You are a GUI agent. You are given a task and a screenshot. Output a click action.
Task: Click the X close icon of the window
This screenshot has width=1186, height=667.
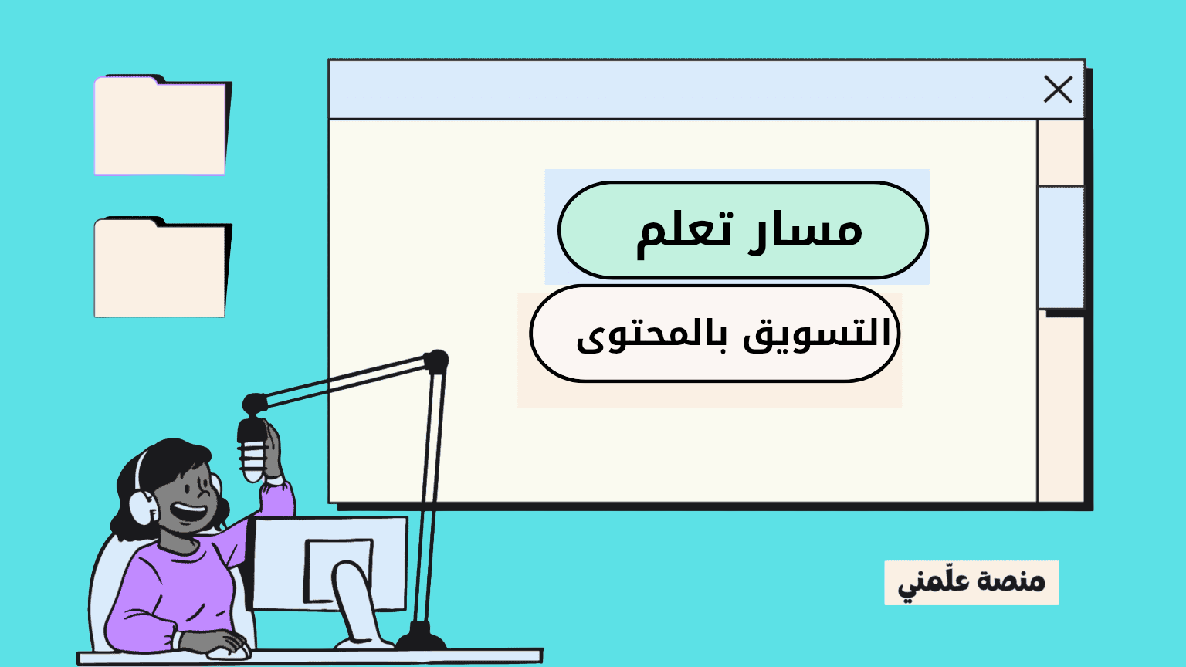click(x=1058, y=90)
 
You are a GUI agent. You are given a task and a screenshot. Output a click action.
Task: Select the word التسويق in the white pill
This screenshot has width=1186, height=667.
click(x=817, y=335)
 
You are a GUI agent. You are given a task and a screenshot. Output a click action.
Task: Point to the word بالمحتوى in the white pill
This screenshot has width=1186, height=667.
click(x=652, y=337)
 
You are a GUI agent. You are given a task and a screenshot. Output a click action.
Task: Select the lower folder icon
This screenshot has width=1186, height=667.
click(x=161, y=269)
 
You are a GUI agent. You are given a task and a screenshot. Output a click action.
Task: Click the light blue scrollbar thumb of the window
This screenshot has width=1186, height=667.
click(x=1061, y=247)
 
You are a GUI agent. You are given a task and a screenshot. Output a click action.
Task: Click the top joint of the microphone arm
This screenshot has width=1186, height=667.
click(x=436, y=361)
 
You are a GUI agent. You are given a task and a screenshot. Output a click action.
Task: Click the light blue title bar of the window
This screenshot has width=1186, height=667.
click(x=679, y=90)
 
